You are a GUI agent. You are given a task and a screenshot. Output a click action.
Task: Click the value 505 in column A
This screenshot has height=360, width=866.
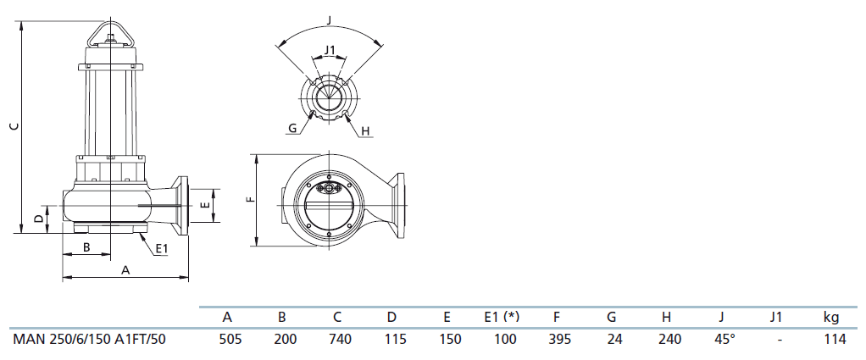coord(230,339)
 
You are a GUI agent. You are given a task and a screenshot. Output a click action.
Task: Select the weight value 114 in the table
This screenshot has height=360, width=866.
coord(835,339)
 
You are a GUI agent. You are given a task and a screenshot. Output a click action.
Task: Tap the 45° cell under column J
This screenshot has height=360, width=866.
coord(724,339)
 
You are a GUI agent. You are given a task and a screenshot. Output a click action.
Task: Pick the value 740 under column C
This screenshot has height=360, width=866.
coord(341,339)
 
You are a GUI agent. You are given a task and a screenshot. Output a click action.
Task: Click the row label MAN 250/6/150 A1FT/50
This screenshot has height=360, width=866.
coord(89,339)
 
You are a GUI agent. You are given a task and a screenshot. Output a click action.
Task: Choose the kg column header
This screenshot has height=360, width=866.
coord(830,318)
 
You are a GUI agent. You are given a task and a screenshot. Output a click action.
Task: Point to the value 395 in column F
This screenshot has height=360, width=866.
coord(560,339)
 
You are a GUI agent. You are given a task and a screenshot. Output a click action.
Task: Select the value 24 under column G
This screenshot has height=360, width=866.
coord(614,339)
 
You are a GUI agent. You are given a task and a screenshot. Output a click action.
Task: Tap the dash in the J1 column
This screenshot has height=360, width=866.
coord(780,341)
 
